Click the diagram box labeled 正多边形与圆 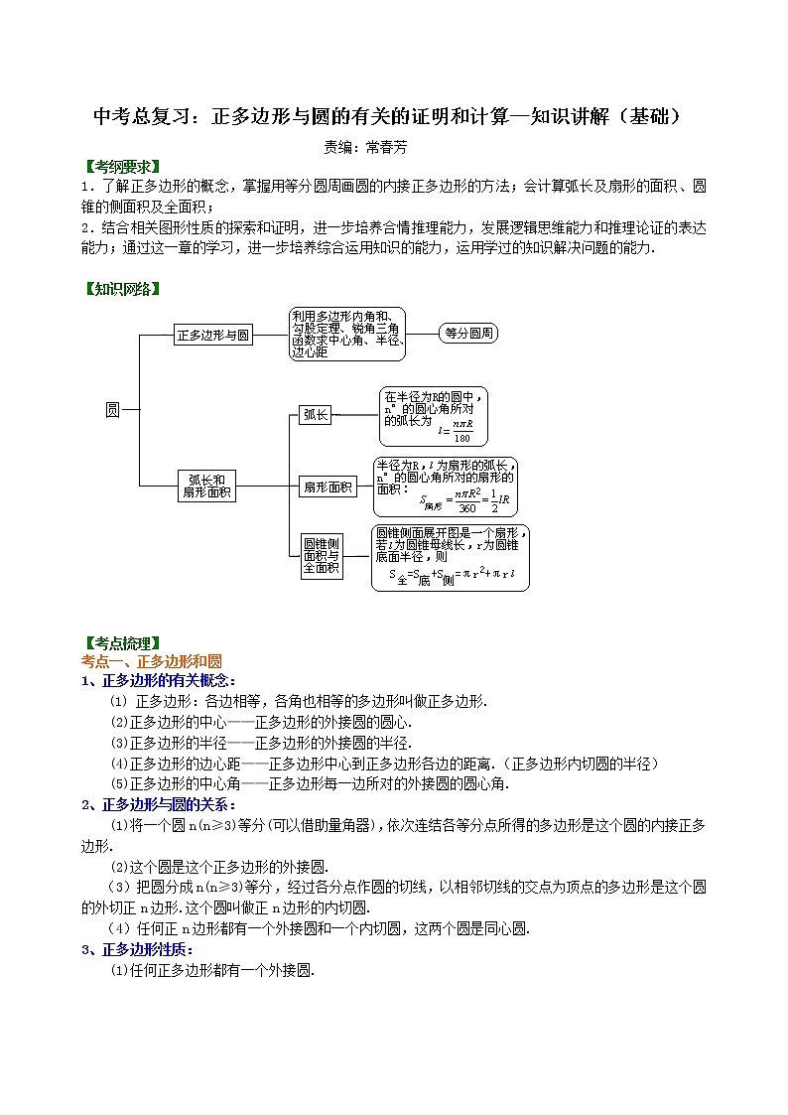213,336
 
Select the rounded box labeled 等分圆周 467,334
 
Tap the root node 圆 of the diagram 112,409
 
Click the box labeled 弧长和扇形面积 206,486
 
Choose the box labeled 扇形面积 328,487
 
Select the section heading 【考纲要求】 122,166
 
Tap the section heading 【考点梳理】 122,643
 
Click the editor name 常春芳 386,146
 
